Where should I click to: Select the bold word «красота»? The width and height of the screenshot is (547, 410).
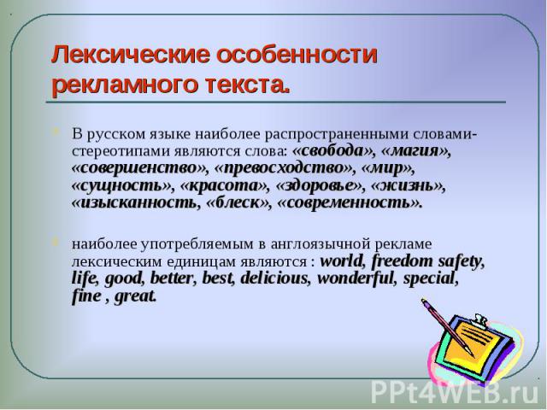coord(223,185)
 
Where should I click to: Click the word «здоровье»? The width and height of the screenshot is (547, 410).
coord(319,185)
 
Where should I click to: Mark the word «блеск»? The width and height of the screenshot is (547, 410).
coord(238,202)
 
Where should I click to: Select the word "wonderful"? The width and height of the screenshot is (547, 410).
coord(356,278)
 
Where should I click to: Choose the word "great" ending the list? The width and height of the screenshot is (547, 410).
coord(135,296)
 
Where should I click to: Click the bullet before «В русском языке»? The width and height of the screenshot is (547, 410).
coord(56,132)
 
